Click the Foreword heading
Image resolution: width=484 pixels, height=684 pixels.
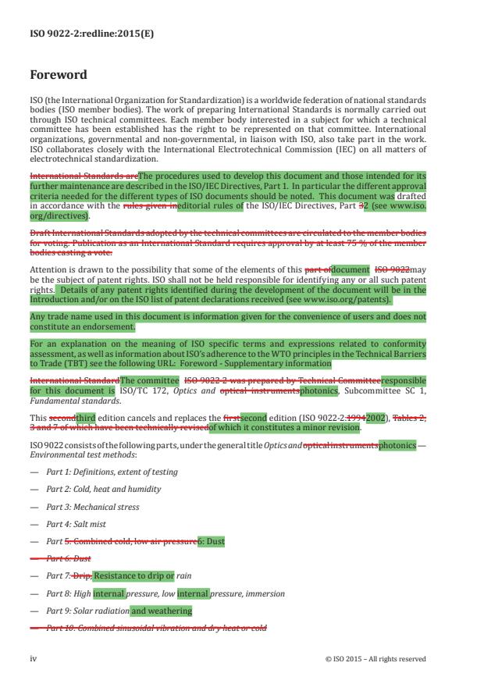[x=58, y=76]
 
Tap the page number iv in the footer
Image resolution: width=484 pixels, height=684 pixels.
[x=33, y=658]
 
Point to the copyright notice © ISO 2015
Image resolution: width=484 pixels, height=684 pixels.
[x=375, y=658]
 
